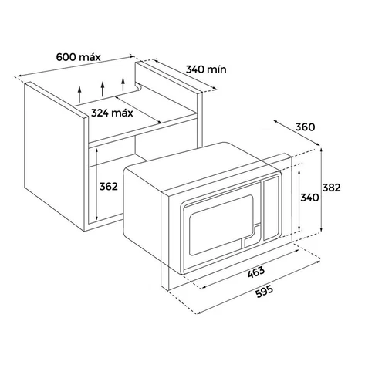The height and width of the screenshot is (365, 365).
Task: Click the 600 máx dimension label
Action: (x=78, y=57)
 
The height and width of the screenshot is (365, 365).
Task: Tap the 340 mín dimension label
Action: (x=206, y=69)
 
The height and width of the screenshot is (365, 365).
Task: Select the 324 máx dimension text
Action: (x=112, y=113)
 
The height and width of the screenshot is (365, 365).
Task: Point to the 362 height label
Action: (x=109, y=187)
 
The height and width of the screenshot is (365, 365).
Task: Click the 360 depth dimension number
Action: (x=305, y=127)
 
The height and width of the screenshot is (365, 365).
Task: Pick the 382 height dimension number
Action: (x=332, y=188)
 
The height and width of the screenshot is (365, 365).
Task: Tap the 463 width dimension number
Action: (x=256, y=272)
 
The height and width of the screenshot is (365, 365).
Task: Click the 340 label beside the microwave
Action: (x=309, y=198)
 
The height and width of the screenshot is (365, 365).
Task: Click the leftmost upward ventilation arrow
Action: (x=79, y=94)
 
